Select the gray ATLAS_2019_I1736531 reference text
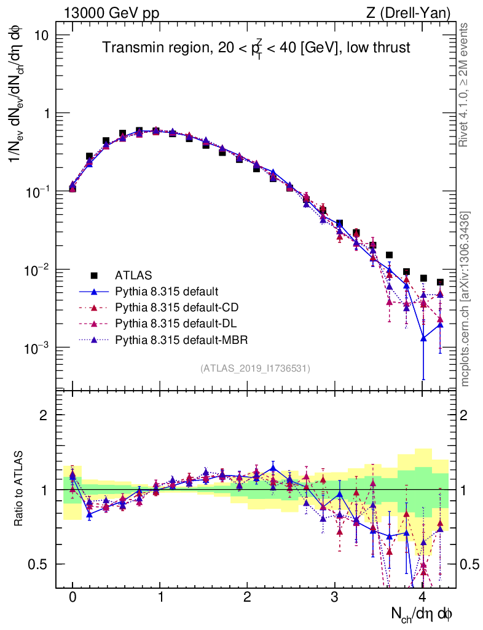coord(255,369)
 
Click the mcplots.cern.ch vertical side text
coord(465,299)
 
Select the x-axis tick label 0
coord(73,597)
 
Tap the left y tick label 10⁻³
coord(37,348)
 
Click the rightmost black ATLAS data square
coord(440,282)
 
